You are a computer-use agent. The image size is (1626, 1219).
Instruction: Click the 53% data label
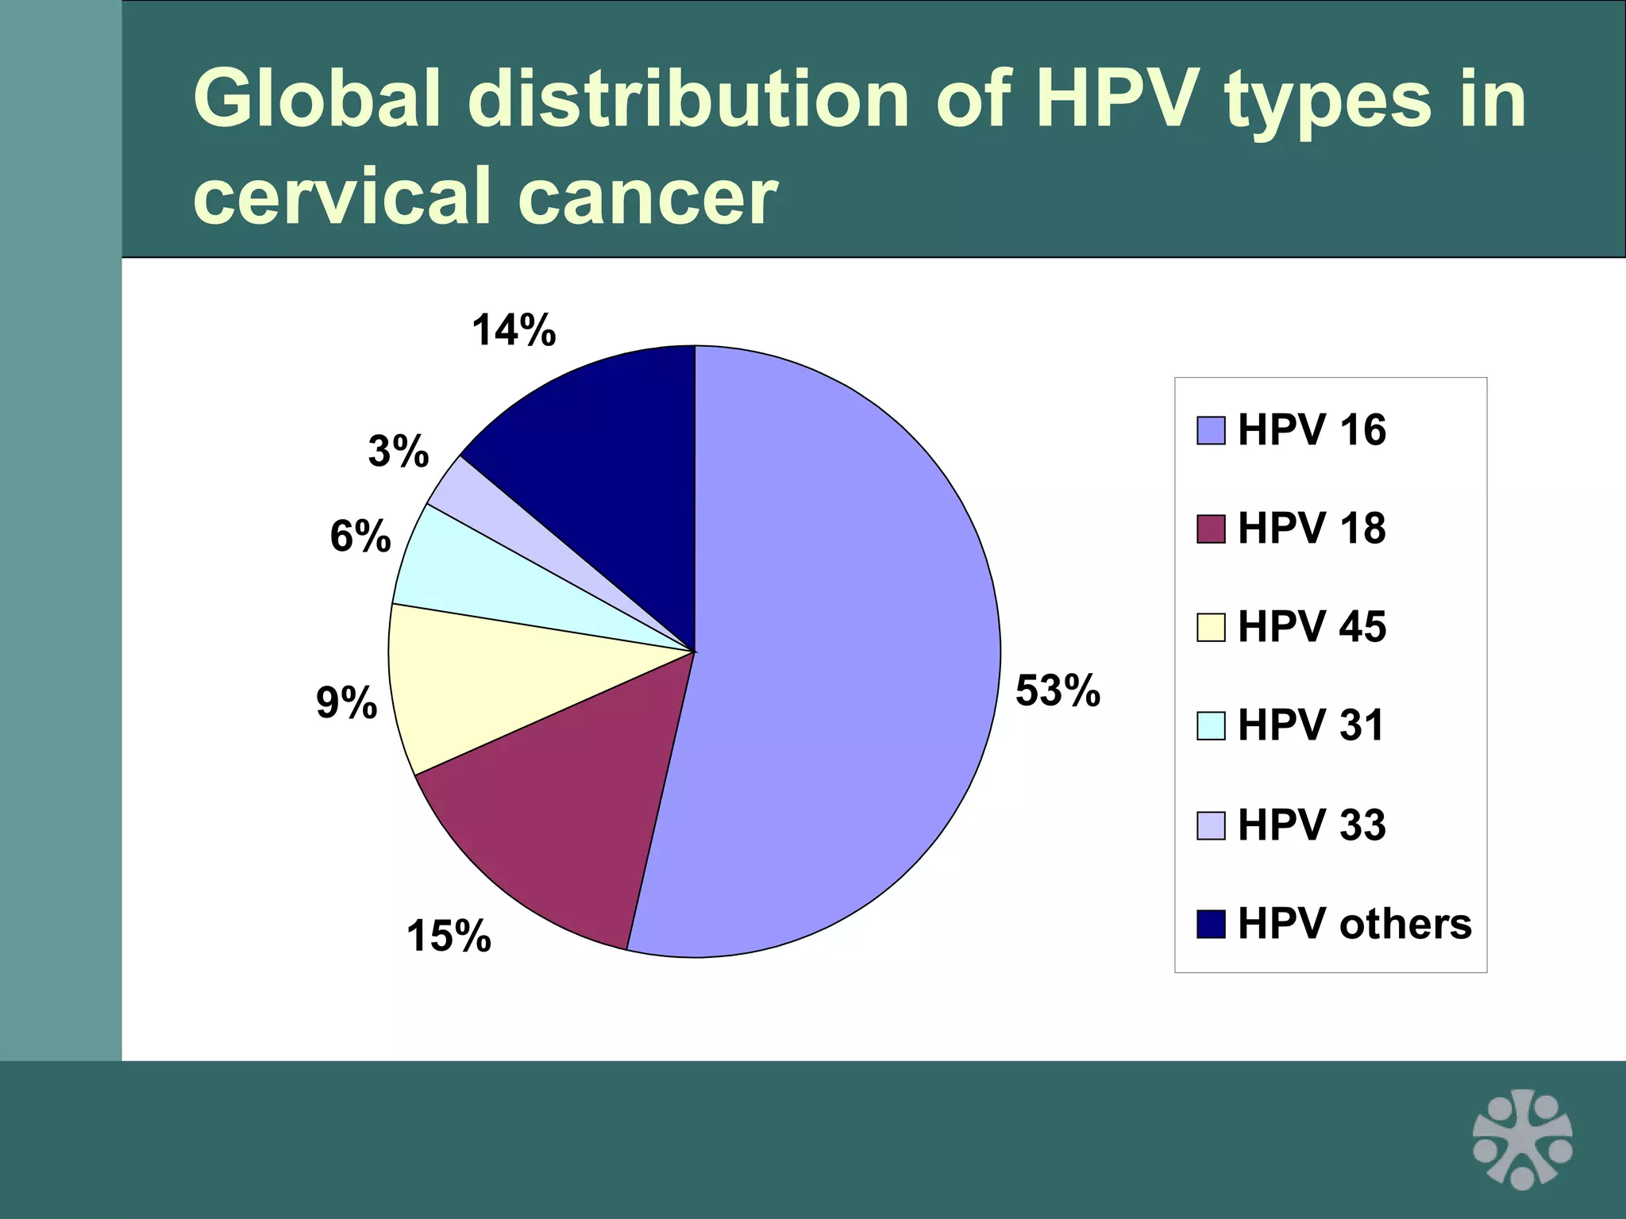point(1058,690)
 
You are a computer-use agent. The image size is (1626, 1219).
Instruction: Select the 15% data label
point(449,936)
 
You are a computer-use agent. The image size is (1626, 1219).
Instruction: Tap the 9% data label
point(346,703)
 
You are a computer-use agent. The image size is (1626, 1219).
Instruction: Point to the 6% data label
point(360,536)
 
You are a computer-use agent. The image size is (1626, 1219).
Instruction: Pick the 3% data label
point(398,452)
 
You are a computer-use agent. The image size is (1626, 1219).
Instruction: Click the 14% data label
point(514,329)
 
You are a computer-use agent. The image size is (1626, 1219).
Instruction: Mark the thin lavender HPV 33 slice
point(492,508)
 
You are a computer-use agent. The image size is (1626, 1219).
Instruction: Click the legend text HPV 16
point(1312,430)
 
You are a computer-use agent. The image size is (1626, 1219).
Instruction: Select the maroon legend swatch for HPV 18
point(1211,529)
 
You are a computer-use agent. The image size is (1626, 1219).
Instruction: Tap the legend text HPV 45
point(1312,627)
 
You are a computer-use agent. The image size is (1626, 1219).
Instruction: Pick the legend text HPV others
point(1354,924)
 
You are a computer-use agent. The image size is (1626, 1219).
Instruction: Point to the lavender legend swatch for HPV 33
point(1211,825)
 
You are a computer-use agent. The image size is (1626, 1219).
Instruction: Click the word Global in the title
point(316,99)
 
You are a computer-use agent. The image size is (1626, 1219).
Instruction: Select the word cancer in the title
point(647,197)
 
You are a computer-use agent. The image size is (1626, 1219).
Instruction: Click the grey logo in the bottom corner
point(1522,1140)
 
